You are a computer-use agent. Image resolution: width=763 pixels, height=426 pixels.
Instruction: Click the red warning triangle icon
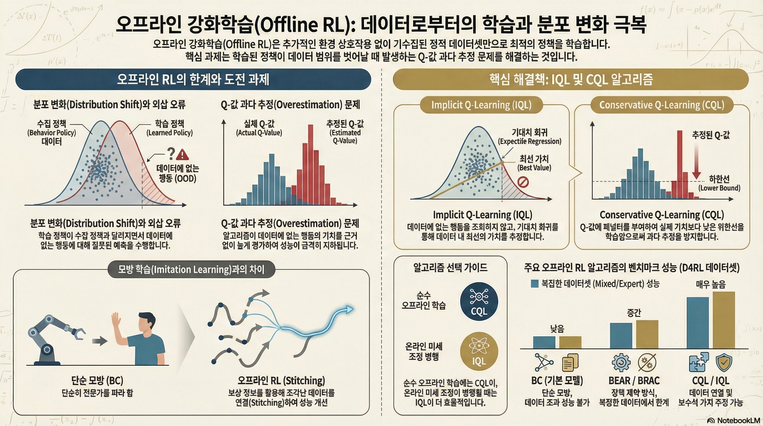[182, 155]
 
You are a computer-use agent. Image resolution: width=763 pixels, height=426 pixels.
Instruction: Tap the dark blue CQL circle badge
[479, 301]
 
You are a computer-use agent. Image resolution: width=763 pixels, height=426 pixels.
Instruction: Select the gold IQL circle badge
[479, 352]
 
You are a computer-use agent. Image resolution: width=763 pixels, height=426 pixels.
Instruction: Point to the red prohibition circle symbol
[523, 182]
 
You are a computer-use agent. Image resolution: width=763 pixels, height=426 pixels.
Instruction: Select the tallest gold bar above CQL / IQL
[724, 320]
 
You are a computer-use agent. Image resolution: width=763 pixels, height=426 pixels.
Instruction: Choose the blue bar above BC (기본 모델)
[544, 342]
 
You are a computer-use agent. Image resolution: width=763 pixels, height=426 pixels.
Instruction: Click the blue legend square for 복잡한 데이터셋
[535, 284]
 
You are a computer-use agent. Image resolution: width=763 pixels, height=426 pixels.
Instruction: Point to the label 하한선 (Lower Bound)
[719, 183]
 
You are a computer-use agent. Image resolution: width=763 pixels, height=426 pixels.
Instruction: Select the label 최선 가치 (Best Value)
[534, 163]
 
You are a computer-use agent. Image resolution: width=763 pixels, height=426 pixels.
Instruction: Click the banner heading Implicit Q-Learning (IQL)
[481, 105]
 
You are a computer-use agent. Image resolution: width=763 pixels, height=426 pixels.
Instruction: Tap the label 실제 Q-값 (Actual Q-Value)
[259, 128]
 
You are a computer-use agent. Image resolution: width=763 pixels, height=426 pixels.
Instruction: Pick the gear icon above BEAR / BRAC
[621, 362]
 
